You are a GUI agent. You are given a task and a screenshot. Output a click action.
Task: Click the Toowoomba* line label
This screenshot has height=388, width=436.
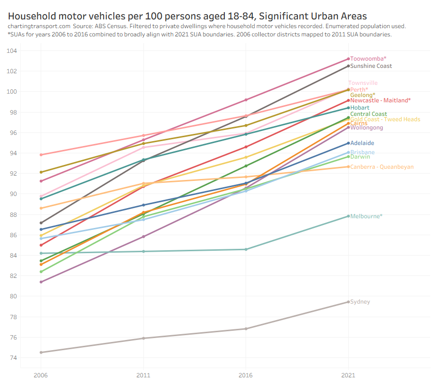point(368,59)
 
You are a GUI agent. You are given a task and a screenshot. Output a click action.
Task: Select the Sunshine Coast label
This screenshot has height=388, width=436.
point(371,66)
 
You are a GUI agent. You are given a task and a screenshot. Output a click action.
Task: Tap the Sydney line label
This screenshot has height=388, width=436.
point(360,302)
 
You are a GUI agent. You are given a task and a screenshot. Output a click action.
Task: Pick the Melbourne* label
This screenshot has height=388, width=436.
point(366,216)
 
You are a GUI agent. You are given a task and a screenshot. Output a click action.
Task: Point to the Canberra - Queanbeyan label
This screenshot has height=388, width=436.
point(382,167)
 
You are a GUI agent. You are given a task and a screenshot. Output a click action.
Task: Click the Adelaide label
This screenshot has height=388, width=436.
point(362,143)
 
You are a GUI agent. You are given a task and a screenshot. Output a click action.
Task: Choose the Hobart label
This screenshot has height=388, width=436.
point(360,108)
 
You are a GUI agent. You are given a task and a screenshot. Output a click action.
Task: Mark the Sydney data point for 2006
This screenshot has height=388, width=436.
point(41,353)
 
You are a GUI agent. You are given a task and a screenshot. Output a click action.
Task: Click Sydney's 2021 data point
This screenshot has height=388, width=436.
point(348,302)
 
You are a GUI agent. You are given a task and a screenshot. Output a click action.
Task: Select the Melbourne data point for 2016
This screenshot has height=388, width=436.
point(246,249)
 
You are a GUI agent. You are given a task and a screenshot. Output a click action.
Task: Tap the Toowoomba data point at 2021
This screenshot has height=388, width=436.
point(348,59)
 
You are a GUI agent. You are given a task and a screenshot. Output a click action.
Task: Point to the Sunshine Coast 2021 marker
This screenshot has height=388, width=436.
point(348,66)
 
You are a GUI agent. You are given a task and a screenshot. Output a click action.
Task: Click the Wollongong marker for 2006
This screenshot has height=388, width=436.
point(41,282)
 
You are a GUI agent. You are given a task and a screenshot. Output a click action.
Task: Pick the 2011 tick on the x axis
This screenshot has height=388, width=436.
point(143,375)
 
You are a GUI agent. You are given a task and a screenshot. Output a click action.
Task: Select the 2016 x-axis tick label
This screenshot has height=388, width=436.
point(246,375)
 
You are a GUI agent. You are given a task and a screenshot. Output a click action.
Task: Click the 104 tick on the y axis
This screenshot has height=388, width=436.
point(12,51)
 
